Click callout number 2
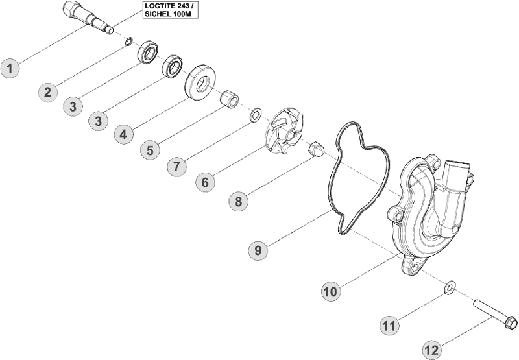click(x=47, y=91)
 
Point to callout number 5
click(x=151, y=150)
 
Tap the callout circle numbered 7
click(x=176, y=166)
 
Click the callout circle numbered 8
click(x=238, y=201)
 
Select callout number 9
click(x=258, y=249)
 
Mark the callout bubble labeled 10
click(x=331, y=291)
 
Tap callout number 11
click(x=389, y=327)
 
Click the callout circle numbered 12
click(x=433, y=348)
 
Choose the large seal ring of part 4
click(x=200, y=82)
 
